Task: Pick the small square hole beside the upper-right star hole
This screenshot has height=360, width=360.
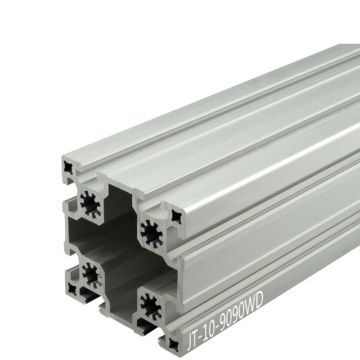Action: click(176, 216)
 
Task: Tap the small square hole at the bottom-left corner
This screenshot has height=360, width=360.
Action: click(72, 289)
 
